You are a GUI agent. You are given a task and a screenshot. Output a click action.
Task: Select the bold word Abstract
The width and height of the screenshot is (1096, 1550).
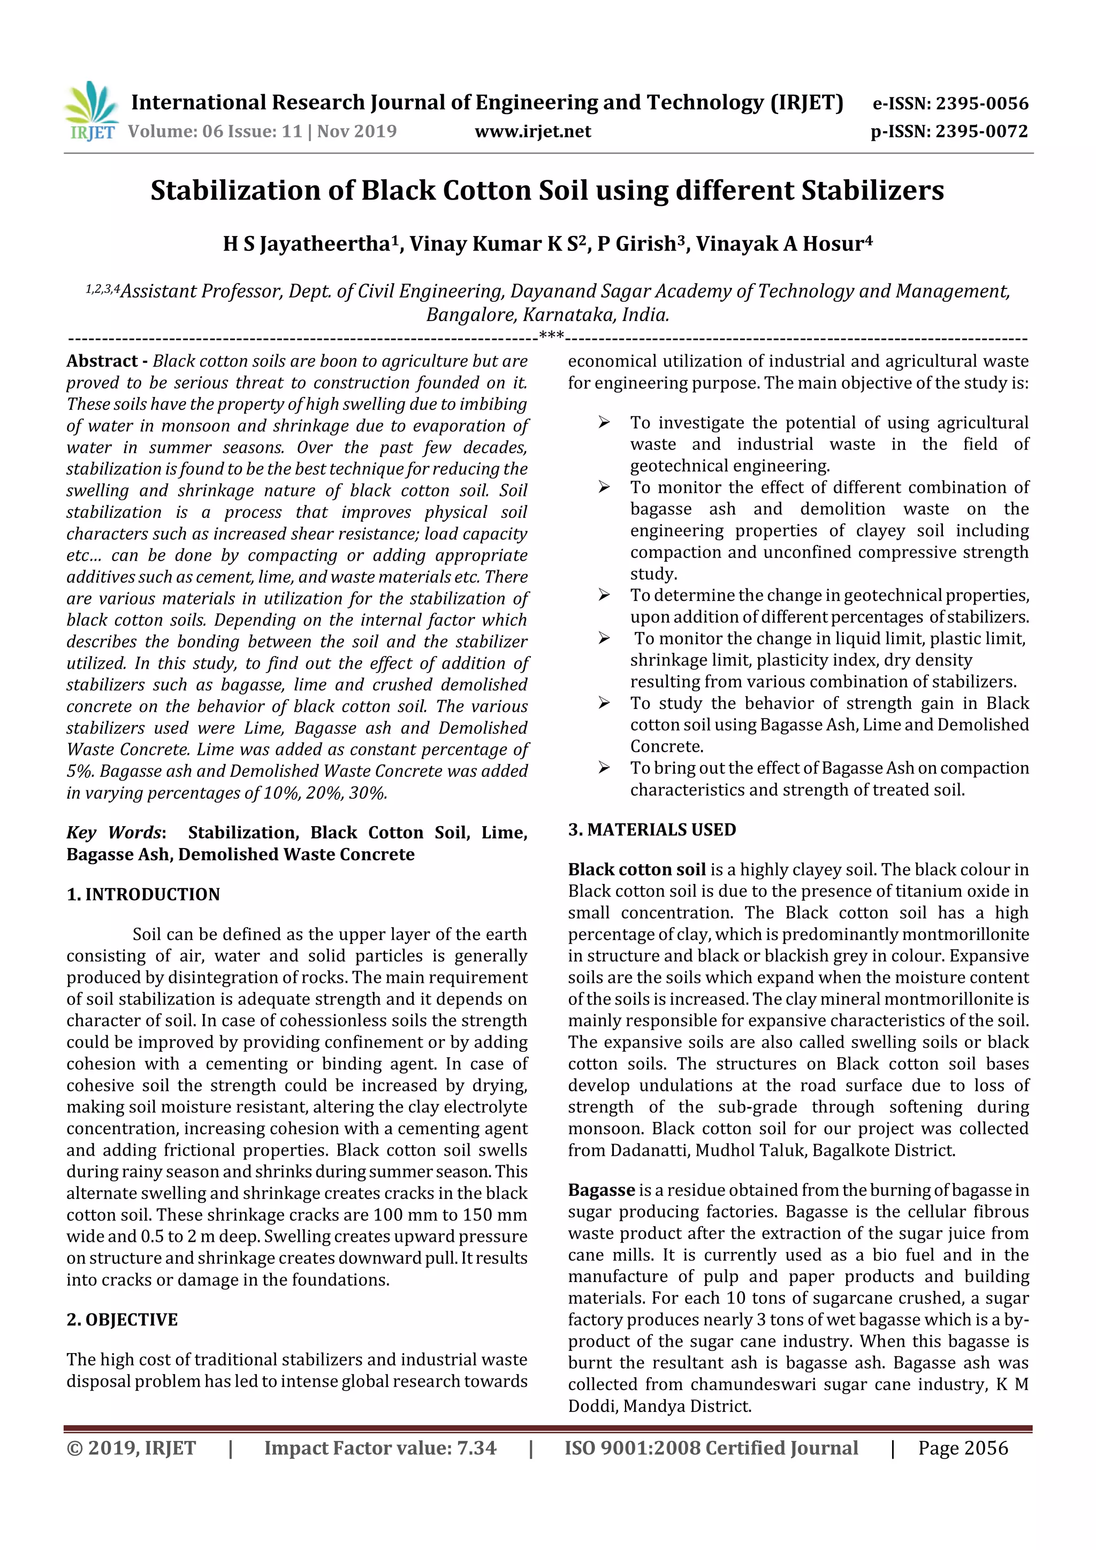point(102,361)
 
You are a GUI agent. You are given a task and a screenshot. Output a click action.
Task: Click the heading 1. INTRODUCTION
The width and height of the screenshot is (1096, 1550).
point(143,895)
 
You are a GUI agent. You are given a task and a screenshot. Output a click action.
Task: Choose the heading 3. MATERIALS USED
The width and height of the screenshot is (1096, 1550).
point(652,830)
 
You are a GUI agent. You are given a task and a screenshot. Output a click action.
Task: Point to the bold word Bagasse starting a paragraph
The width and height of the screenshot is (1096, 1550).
point(601,1190)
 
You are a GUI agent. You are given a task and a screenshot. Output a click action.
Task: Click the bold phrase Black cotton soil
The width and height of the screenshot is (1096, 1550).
point(636,869)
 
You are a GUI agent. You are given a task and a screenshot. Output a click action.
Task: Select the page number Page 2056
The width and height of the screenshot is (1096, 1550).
point(962,1448)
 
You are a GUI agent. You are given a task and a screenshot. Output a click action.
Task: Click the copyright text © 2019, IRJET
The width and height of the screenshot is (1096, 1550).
point(131,1448)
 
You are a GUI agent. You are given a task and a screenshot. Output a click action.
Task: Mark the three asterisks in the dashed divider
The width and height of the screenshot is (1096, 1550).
point(551,335)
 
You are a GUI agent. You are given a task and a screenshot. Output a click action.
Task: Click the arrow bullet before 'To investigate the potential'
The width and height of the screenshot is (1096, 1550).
point(604,423)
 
